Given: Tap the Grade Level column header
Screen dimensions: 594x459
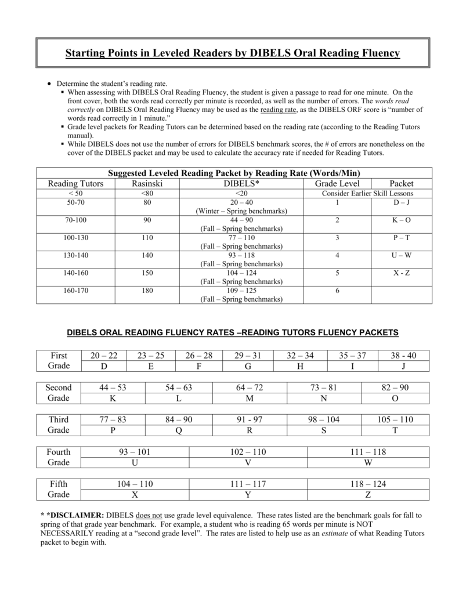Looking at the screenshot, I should tap(337, 183).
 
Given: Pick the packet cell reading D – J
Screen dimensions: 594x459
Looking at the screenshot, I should tap(401, 202).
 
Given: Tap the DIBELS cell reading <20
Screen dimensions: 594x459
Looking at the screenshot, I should tap(241, 193).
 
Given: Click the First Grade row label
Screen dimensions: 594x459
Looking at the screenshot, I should tap(59, 360).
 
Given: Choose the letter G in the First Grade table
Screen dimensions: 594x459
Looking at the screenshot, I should tap(248, 366).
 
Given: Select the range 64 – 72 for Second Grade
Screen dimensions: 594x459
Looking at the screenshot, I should tap(250, 387).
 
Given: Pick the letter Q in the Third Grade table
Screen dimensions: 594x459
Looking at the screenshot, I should tap(179, 430).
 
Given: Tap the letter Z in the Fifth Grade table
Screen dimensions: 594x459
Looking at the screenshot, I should tap(368, 495).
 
